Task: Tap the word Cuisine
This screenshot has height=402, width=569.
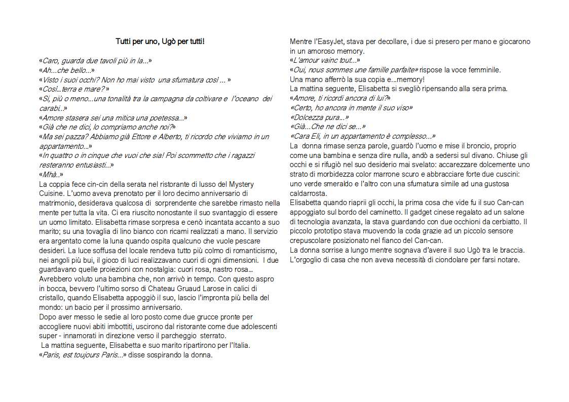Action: [52, 192]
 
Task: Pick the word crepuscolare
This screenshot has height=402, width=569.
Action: [312, 240]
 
